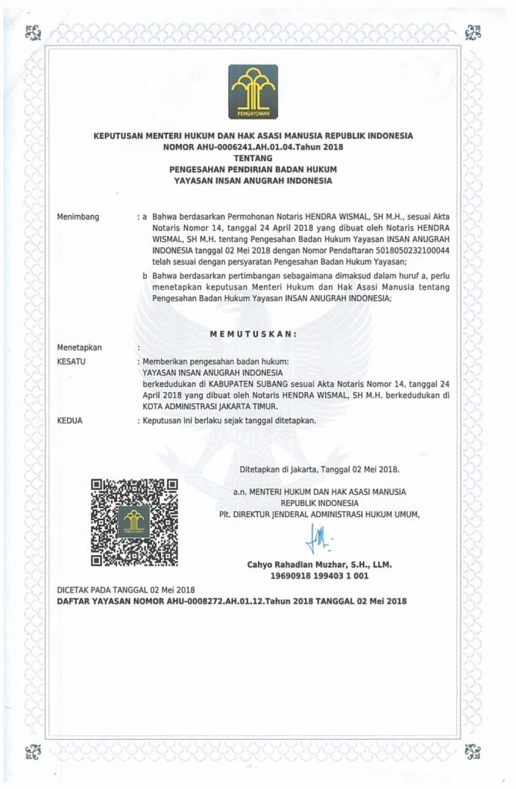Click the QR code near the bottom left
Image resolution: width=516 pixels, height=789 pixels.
[135, 522]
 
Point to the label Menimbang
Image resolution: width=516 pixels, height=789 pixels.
[79, 218]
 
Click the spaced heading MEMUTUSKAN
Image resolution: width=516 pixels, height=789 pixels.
[253, 334]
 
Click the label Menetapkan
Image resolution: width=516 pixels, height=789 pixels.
[79, 347]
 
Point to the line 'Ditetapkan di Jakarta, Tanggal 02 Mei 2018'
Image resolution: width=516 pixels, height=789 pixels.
[319, 468]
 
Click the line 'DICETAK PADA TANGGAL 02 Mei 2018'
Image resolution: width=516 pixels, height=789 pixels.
[127, 589]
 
